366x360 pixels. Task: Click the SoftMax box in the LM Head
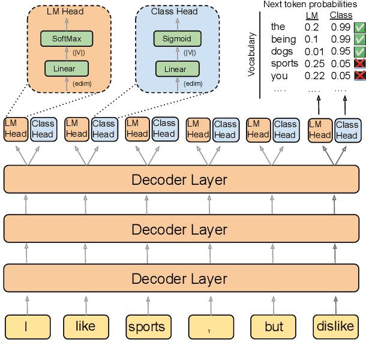[x=66, y=39]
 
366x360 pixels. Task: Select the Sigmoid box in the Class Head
[x=176, y=39]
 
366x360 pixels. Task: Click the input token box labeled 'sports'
[x=146, y=327]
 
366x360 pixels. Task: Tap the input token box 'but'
[x=274, y=327]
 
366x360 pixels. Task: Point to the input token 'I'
[x=25, y=327]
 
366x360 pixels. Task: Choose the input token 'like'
[x=85, y=327]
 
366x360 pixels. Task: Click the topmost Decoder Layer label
[x=179, y=180]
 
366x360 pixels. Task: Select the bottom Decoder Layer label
[x=179, y=279]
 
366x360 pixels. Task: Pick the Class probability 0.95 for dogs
[x=341, y=52]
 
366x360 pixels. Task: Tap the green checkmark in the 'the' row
[x=359, y=27]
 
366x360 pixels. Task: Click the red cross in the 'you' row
[x=359, y=76]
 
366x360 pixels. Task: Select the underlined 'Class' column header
[x=341, y=14]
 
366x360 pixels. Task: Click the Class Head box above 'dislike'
[x=346, y=130]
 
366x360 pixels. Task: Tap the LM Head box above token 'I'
[x=16, y=129]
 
